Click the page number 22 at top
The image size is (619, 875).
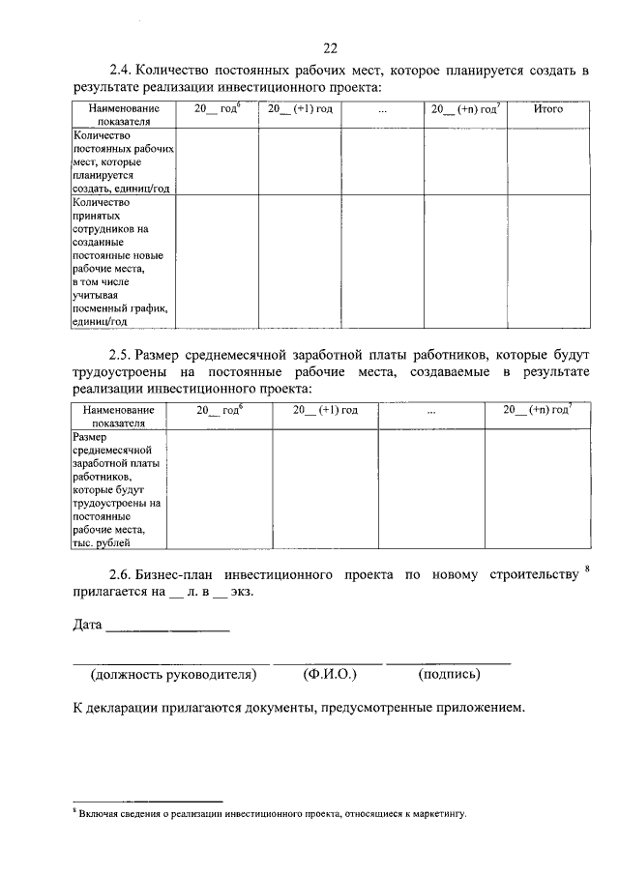tap(331, 48)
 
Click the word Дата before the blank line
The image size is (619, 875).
tap(87, 626)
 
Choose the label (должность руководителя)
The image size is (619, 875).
tap(172, 674)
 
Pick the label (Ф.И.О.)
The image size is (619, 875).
tap(330, 674)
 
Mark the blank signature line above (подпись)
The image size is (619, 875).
tap(449, 662)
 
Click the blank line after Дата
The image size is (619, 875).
tap(167, 629)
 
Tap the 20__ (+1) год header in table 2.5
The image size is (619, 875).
tap(326, 410)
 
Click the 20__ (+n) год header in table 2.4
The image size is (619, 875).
tap(465, 109)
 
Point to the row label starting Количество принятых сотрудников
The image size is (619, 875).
tap(120, 262)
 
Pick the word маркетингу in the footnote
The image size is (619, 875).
tap(440, 814)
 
